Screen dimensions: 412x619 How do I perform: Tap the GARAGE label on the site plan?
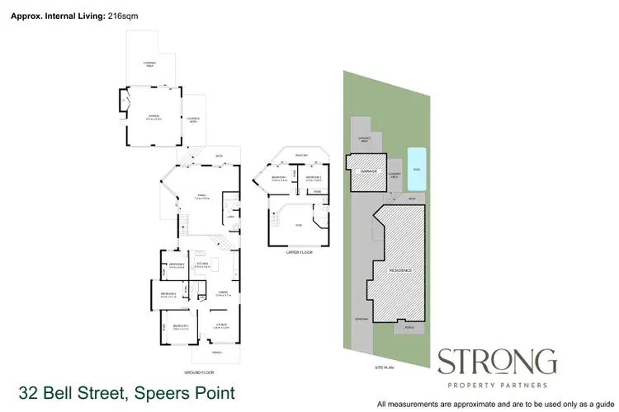368,171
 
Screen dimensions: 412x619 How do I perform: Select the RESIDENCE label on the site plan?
400,270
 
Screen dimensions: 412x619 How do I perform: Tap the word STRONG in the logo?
496,363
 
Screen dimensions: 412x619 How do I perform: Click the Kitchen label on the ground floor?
201,264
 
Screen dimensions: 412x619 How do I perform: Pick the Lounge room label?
221,326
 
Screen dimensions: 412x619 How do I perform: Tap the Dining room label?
223,292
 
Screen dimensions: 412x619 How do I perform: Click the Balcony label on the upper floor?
297,154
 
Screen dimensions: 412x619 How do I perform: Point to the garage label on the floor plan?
152,117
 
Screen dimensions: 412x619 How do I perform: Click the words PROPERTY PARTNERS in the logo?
496,384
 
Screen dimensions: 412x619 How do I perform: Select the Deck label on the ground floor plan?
220,156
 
